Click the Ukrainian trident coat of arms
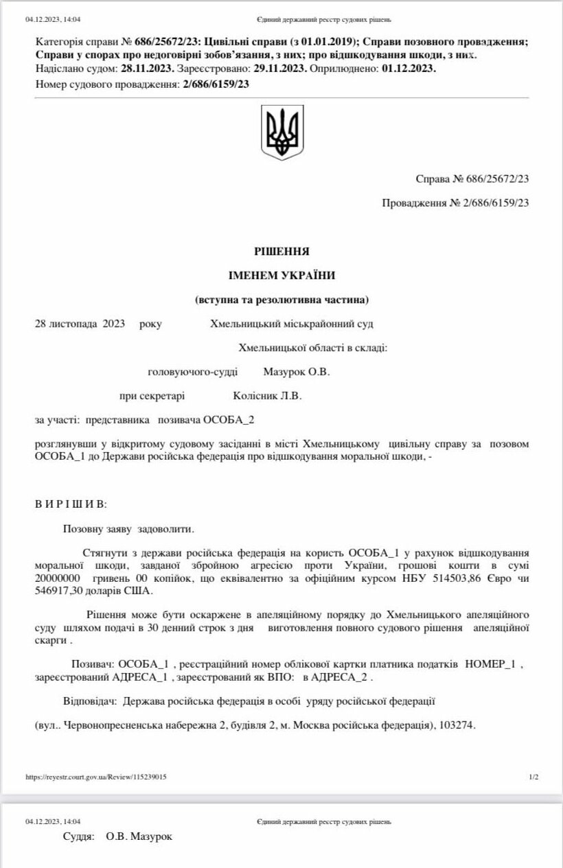point(282,132)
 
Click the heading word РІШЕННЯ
point(281,251)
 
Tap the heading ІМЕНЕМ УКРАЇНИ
point(281,275)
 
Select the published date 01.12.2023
point(409,69)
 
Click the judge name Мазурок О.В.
point(297,372)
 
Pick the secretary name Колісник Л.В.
point(268,395)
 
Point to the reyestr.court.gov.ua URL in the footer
point(95,777)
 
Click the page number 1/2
point(533,777)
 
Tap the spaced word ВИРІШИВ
point(71,504)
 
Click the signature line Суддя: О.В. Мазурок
point(117,836)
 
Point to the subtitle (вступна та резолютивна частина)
point(281,300)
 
